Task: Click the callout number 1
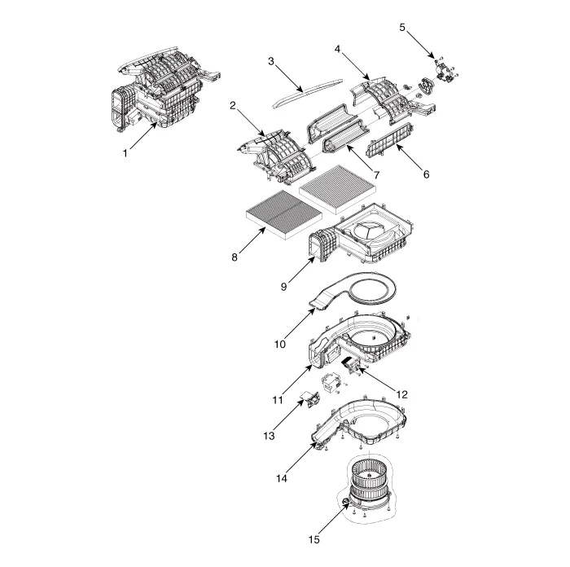coord(125,153)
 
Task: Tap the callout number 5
coord(402,27)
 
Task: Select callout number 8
coord(235,257)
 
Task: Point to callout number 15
coord(314,540)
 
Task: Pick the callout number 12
coord(401,394)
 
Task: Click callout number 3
coord(271,61)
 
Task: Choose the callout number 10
coord(280,344)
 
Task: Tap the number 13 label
coord(269,436)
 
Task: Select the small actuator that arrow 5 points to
coord(446,70)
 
